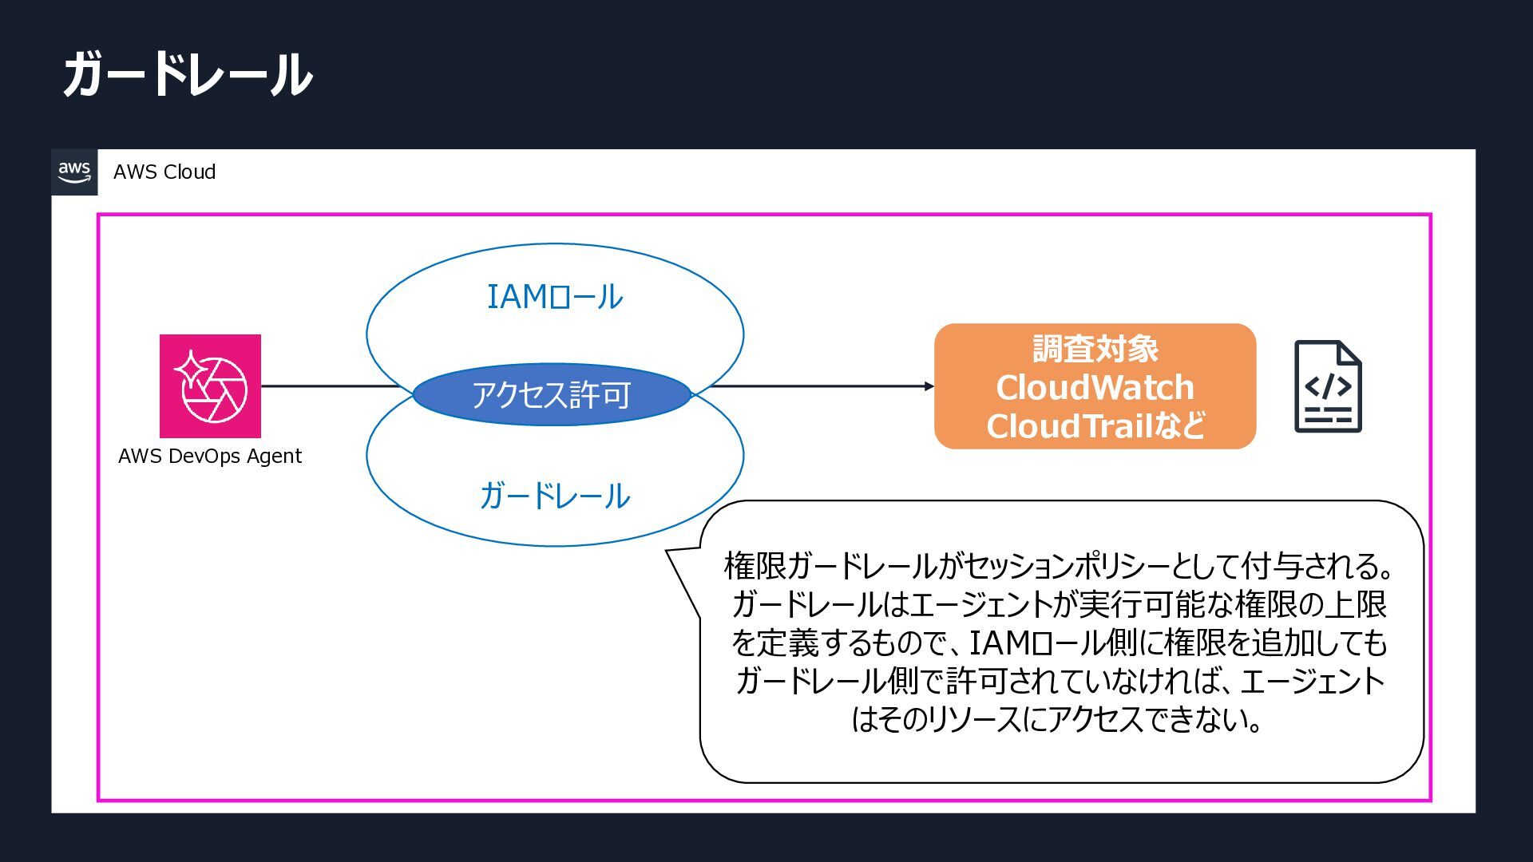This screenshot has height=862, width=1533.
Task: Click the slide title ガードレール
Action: (x=188, y=74)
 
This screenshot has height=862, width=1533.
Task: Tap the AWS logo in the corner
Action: (x=74, y=172)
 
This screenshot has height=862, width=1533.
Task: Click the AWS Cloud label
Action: (x=164, y=172)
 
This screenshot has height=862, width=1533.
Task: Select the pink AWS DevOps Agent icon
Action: (x=210, y=386)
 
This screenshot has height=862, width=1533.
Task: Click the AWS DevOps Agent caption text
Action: (x=210, y=456)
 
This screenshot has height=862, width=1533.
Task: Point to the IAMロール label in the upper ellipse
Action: (x=555, y=297)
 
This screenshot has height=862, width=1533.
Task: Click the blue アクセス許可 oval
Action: (x=552, y=394)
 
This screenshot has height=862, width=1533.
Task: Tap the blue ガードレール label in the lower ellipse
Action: (x=555, y=496)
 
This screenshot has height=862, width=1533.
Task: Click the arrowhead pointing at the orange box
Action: (x=929, y=386)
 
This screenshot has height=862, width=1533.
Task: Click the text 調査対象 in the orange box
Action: (x=1095, y=349)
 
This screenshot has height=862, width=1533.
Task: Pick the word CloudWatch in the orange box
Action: (x=1095, y=387)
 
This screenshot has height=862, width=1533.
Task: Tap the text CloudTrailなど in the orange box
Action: (x=1095, y=425)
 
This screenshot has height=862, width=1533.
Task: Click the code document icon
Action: (x=1328, y=386)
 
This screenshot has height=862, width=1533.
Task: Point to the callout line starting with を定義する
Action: (x=1060, y=643)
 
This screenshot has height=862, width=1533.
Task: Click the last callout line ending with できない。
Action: (x=1060, y=719)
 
